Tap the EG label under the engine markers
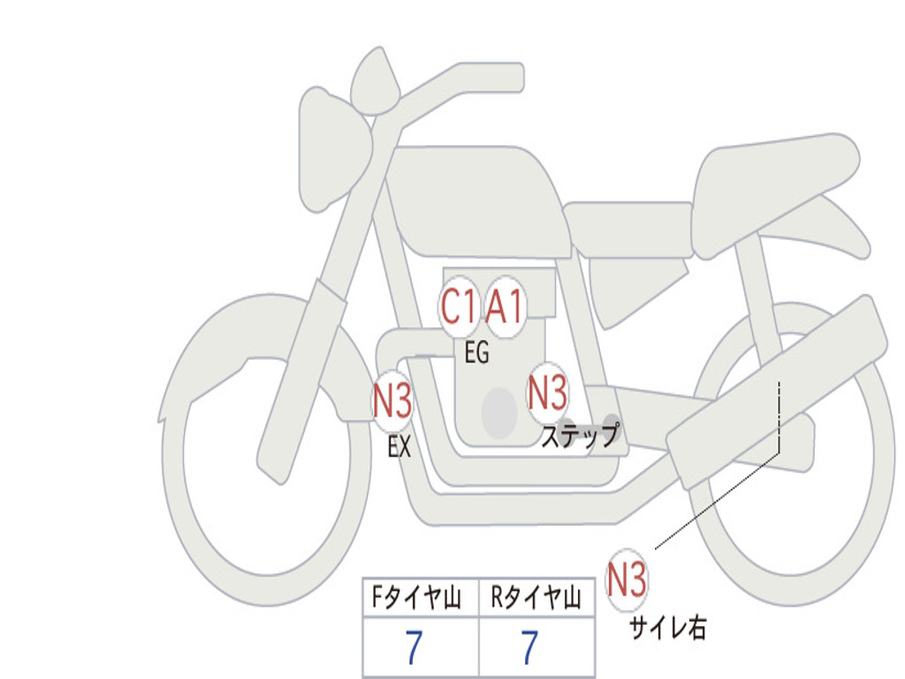coord(476,354)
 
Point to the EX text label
coord(399,447)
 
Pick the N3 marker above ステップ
coord(547,393)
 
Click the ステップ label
coord(580,437)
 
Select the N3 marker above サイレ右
coord(627,580)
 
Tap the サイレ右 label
coord(667,629)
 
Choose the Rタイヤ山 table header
coord(536,600)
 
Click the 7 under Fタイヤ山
coord(414,649)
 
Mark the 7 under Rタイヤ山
coord(529,649)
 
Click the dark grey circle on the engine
coord(499,412)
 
